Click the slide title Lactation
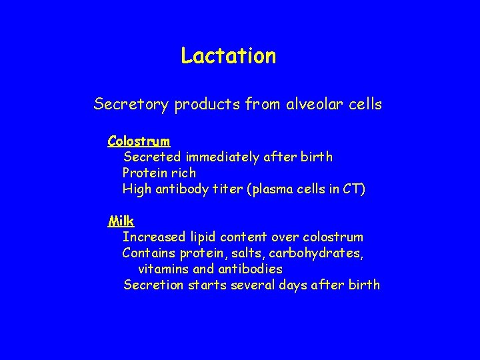point(228,56)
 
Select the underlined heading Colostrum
point(139,141)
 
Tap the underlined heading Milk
point(121,221)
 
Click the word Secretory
point(131,105)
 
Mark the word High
point(137,189)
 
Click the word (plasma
point(273,190)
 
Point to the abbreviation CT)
point(354,189)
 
